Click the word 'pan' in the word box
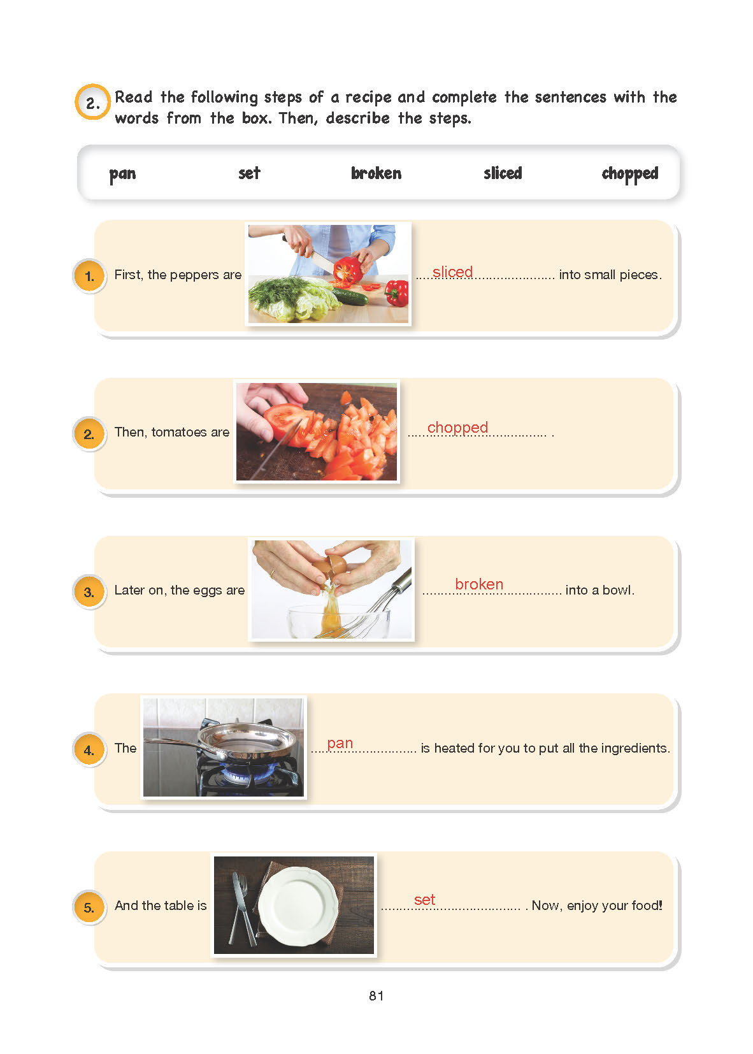[122, 175]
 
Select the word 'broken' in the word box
[376, 173]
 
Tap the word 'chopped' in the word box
[630, 174]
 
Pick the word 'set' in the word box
[249, 173]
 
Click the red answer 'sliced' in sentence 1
[452, 272]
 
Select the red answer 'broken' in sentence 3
[479, 584]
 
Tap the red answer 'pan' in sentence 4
[340, 744]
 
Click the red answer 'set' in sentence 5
[424, 900]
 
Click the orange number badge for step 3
[89, 591]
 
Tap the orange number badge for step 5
[89, 907]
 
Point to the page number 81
[376, 995]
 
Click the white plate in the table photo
[298, 906]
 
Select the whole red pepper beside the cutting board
[398, 292]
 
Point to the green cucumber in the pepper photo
[350, 296]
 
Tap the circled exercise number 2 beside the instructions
[92, 102]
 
